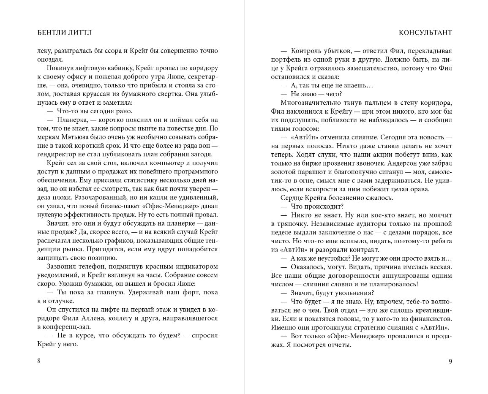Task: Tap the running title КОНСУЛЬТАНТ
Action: tap(425, 33)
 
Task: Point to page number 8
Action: tap(39, 361)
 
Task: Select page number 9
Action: tap(450, 361)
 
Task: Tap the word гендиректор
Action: tap(55, 153)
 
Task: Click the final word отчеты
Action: tap(337, 344)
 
